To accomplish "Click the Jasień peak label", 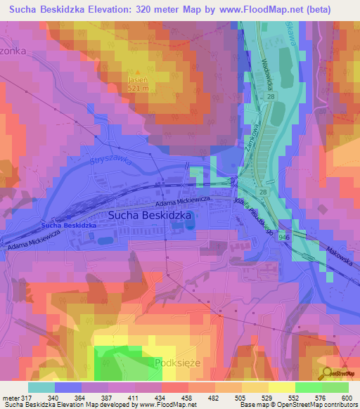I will [138, 80].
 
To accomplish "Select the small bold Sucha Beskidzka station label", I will [68, 225].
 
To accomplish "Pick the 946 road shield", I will [282, 238].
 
